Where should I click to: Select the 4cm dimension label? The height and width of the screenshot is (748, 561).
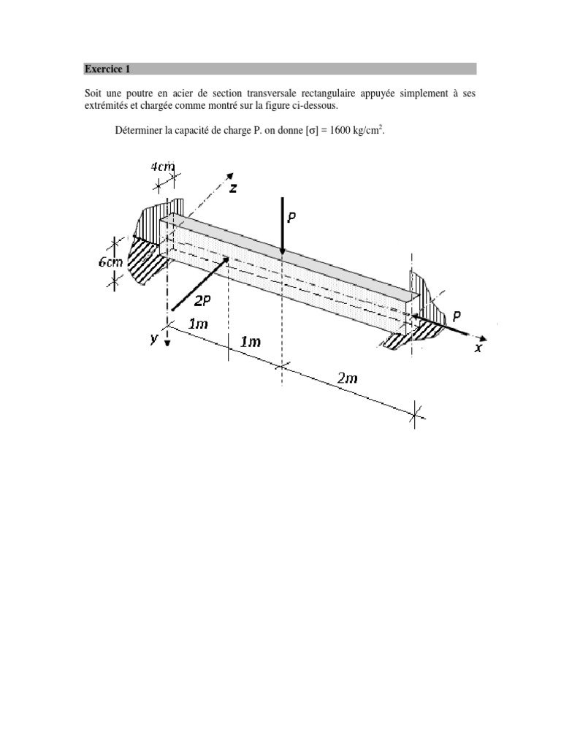[162, 167]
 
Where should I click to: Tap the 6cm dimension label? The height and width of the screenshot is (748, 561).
[113, 262]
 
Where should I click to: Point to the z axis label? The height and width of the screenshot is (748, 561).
[233, 188]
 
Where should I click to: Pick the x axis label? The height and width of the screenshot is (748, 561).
[478, 348]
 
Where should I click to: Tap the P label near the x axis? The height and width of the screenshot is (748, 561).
[456, 316]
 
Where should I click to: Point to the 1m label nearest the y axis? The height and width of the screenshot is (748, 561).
[197, 323]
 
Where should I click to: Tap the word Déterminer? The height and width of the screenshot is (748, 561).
[140, 131]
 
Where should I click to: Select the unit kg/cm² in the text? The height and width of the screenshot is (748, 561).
[368, 130]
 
